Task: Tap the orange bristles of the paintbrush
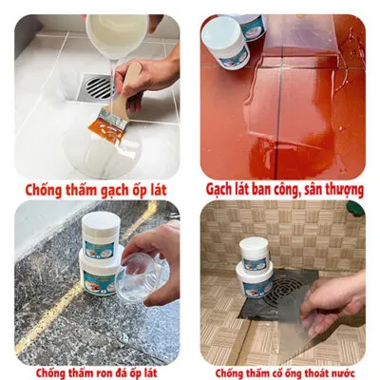click(x=106, y=130)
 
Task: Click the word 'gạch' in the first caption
click(x=114, y=191)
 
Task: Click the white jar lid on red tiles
click(x=222, y=34)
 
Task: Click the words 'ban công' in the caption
click(x=274, y=189)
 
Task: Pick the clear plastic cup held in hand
click(x=139, y=275)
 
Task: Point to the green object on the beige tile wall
click(x=355, y=208)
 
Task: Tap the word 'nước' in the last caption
click(x=342, y=373)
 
